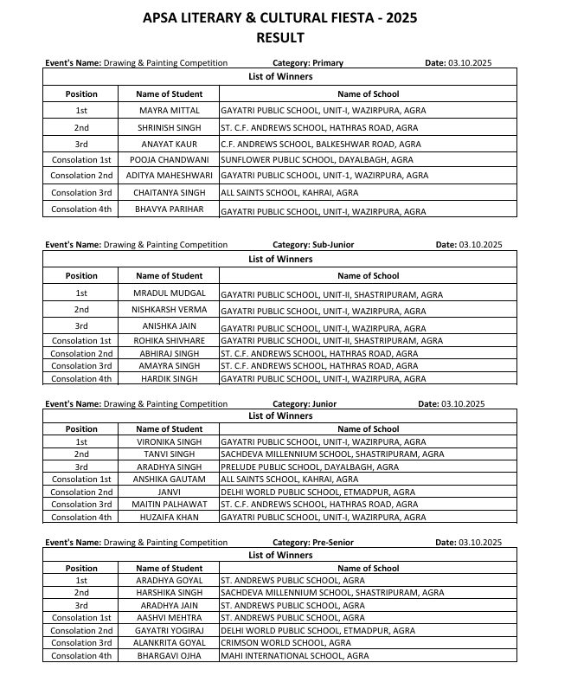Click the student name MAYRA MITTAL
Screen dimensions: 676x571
coord(170,111)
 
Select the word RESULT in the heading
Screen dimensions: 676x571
coord(280,37)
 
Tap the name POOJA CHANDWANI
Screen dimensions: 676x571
coord(170,160)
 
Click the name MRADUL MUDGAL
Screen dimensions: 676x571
coord(170,294)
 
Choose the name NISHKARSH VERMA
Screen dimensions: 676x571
coord(170,311)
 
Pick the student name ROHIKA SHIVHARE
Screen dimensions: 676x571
coord(170,341)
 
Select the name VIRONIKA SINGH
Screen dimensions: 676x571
coord(170,442)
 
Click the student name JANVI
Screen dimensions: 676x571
coord(170,493)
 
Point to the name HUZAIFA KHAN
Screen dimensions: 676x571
coord(170,518)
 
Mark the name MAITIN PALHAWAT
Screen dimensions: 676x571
coord(170,505)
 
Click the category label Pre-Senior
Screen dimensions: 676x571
coord(331,543)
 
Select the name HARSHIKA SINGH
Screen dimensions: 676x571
coord(170,593)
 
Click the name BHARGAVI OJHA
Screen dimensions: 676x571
coord(170,656)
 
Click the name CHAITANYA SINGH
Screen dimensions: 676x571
coord(170,193)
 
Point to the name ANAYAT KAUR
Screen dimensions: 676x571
coord(170,144)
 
